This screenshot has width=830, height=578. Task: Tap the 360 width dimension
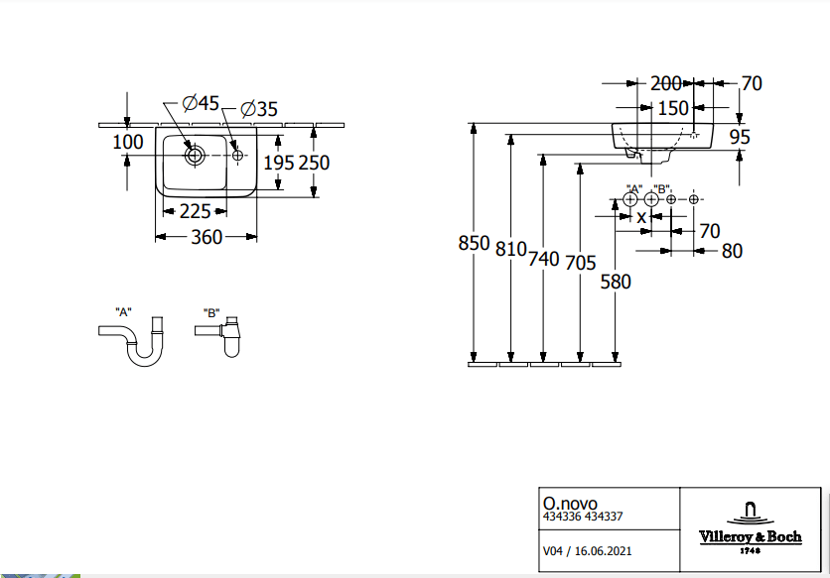(207, 237)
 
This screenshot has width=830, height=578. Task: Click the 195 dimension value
(277, 163)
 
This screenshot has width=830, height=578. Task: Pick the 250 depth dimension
(314, 163)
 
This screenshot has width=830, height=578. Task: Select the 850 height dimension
(475, 244)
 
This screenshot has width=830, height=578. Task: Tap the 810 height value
(510, 250)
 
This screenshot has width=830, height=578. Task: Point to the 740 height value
(544, 259)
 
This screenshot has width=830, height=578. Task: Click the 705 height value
(580, 263)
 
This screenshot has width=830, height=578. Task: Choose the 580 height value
(616, 282)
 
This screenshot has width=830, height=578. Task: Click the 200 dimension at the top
(666, 83)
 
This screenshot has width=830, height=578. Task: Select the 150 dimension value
(673, 107)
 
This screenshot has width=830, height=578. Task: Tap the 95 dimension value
(740, 138)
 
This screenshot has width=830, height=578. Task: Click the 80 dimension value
(732, 251)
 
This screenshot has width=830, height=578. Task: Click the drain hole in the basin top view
(195, 155)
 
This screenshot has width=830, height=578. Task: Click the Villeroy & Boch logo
(751, 526)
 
